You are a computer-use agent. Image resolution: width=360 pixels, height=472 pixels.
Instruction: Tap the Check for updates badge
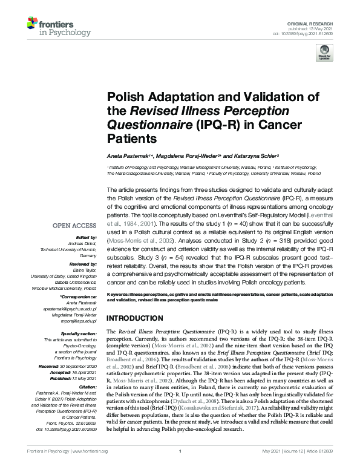325,54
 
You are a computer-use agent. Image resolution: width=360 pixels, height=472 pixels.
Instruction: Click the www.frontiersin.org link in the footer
90,468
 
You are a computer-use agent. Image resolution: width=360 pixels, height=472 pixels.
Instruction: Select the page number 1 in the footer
180,468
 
